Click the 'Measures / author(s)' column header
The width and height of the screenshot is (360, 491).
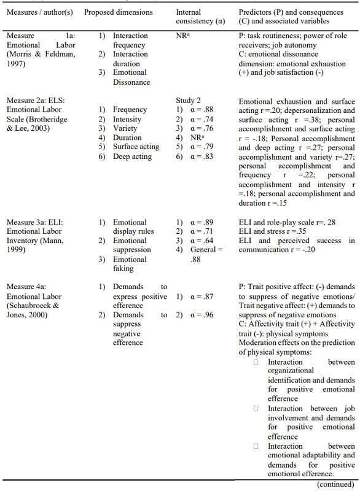tap(41, 12)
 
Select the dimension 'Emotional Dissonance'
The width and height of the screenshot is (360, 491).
tap(130, 77)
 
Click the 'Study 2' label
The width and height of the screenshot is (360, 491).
tap(189, 100)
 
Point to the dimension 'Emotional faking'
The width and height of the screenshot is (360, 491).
tap(130, 264)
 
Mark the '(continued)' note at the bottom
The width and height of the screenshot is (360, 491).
tap(336, 484)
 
